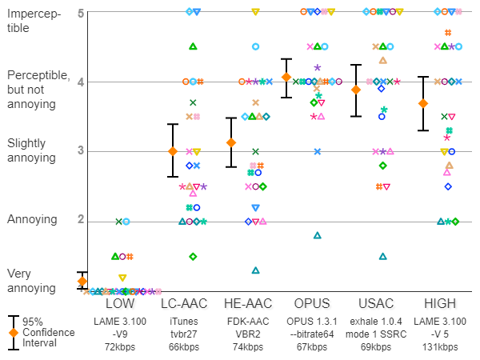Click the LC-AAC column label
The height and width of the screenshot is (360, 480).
[x=184, y=305]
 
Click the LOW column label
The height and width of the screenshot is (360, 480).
[x=120, y=305]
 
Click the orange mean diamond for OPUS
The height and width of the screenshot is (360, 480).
[x=286, y=78]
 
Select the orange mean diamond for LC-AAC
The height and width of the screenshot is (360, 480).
[x=172, y=150]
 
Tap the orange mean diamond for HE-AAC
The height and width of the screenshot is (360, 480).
[x=232, y=142]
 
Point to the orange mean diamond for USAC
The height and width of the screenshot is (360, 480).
[x=356, y=90]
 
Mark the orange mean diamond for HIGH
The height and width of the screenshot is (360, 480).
[x=423, y=103]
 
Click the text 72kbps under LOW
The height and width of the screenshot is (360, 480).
[x=120, y=346]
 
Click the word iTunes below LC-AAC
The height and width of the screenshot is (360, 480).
[x=184, y=321]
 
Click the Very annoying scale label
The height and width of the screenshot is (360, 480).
[x=28, y=280]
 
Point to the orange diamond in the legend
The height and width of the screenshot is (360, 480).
[x=14, y=332]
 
